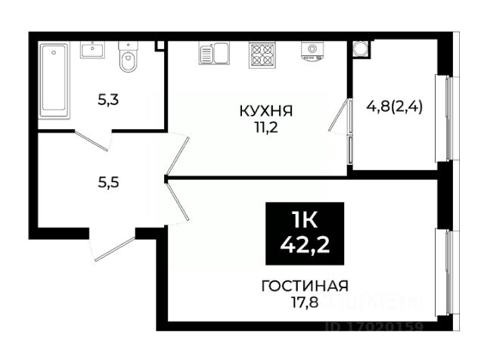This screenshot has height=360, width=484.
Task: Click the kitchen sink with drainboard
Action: [x=214, y=52]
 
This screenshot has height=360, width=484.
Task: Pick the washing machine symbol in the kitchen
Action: [x=311, y=50]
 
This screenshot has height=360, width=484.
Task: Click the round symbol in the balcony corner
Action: [x=361, y=48]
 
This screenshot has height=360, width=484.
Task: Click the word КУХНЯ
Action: [x=265, y=111]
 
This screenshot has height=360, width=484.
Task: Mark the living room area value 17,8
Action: [x=304, y=302]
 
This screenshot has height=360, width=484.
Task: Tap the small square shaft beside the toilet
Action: [x=160, y=46]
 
